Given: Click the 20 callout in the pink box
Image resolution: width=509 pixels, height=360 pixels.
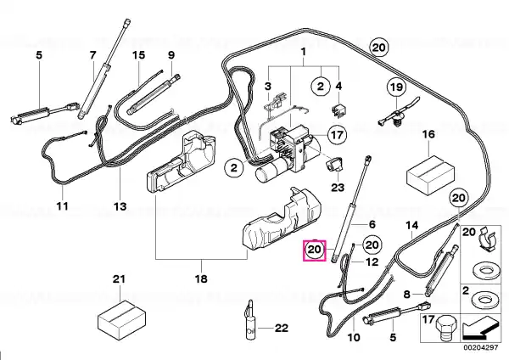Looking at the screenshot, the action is [x=314, y=250].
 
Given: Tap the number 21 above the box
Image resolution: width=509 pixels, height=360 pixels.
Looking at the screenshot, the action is [x=119, y=278].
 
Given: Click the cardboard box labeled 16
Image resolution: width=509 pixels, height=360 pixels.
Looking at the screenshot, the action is [x=431, y=176].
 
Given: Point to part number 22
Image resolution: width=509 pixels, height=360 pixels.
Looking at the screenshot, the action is [x=282, y=328].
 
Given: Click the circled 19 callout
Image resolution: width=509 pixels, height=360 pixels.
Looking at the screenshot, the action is [x=396, y=87].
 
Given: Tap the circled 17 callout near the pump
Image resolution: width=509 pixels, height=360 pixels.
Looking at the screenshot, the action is [x=337, y=134].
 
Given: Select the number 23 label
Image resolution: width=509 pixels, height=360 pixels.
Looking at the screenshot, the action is [x=338, y=188].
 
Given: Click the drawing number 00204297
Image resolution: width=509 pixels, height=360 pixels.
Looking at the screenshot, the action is [x=480, y=347].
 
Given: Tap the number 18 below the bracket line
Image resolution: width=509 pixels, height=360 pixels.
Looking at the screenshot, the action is [x=201, y=278].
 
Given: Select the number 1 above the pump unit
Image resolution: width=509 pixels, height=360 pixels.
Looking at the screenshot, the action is [x=304, y=52].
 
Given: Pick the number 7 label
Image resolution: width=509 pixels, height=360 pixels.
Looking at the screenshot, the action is [x=93, y=55].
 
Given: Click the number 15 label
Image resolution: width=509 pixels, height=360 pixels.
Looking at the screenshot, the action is [x=138, y=54].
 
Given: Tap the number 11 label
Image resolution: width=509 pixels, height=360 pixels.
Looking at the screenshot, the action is [x=62, y=206].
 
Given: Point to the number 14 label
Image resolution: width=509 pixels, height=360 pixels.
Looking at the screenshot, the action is [x=412, y=225].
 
